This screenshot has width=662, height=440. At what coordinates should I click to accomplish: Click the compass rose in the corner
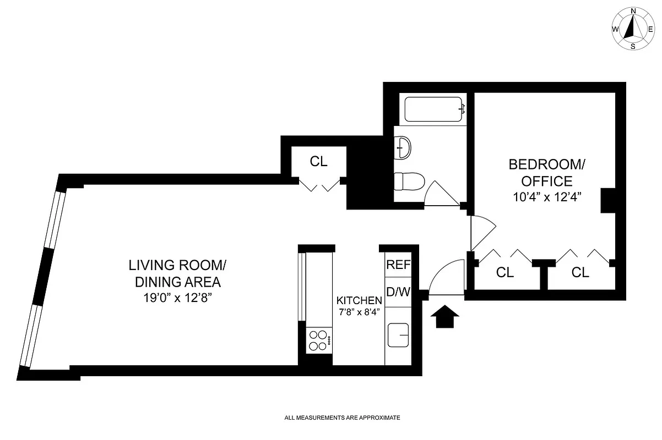click(x=633, y=28)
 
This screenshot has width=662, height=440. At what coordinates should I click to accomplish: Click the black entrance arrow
click(x=447, y=317)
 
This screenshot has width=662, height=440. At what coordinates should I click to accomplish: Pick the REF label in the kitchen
click(x=398, y=265)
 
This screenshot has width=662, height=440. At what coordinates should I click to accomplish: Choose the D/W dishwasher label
click(x=398, y=291)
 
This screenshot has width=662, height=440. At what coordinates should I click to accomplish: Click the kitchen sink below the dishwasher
click(x=398, y=335)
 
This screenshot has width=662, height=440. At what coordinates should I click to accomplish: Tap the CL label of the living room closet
click(x=318, y=162)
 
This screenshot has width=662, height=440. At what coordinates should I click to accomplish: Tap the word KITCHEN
click(x=359, y=301)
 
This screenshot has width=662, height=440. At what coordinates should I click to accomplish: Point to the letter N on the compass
click(x=633, y=11)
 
